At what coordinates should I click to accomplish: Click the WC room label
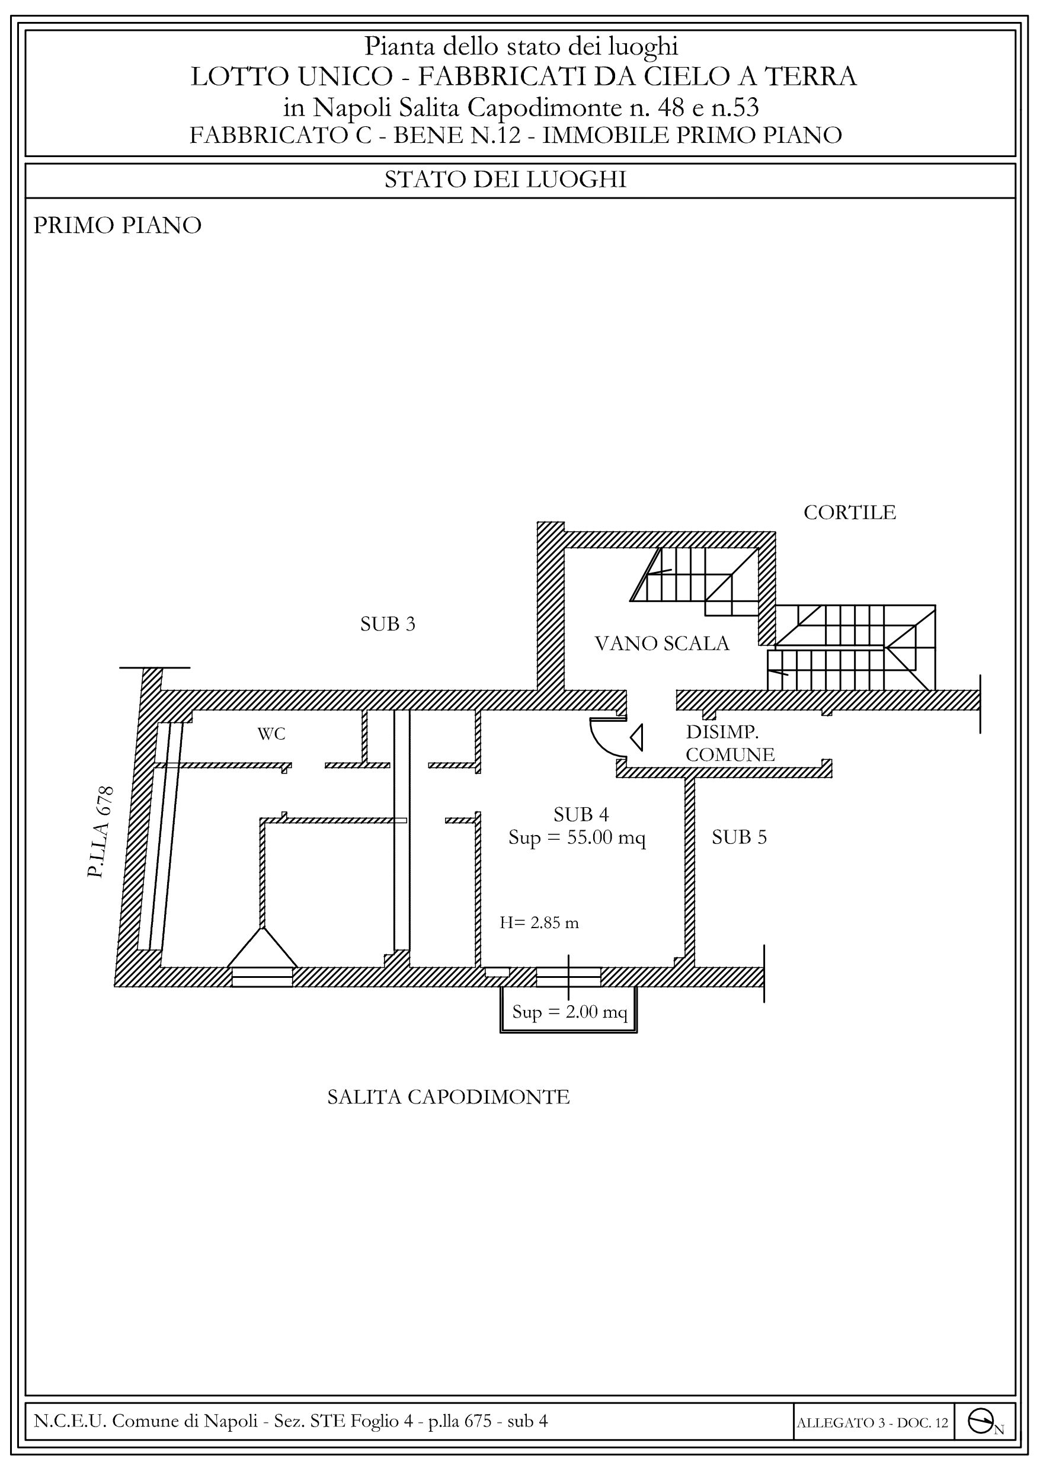pyautogui.click(x=271, y=734)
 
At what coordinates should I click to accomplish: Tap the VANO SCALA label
pyautogui.click(x=662, y=643)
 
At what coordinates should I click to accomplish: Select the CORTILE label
pyautogui.click(x=850, y=513)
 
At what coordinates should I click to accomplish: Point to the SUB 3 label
pyautogui.click(x=388, y=624)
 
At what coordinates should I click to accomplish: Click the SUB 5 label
pyautogui.click(x=739, y=837)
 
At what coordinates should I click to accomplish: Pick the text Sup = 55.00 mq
pyautogui.click(x=577, y=838)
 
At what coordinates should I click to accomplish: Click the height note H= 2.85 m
pyautogui.click(x=539, y=923)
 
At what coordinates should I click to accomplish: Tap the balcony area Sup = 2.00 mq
pyautogui.click(x=569, y=1012)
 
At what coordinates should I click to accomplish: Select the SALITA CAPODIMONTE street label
pyautogui.click(x=449, y=1097)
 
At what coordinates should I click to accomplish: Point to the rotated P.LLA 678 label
pyautogui.click(x=101, y=832)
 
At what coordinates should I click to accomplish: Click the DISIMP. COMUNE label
pyautogui.click(x=730, y=743)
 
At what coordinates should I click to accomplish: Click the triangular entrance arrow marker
pyautogui.click(x=636, y=738)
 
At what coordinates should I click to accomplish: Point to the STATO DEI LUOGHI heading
pyautogui.click(x=505, y=180)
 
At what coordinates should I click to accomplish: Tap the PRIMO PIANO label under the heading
pyautogui.click(x=117, y=226)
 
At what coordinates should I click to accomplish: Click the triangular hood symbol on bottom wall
pyautogui.click(x=262, y=949)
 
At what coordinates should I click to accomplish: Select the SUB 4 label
pyautogui.click(x=581, y=815)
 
